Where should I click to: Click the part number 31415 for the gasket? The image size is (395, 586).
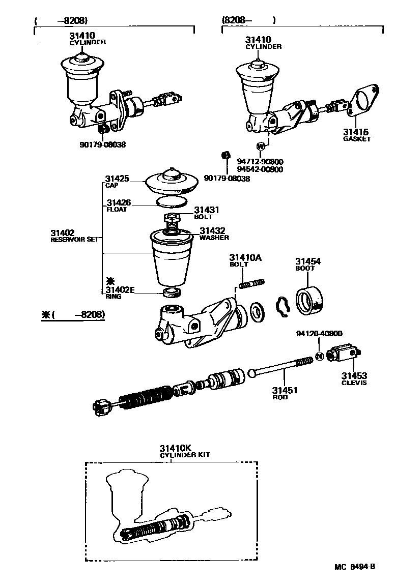tap(356, 132)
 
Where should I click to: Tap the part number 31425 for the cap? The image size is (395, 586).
tap(117, 179)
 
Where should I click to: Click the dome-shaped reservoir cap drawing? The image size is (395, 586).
tap(172, 181)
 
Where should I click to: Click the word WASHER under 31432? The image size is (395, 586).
tap(214, 238)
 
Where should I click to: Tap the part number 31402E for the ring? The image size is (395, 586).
tap(120, 290)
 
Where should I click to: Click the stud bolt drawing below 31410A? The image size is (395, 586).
tap(250, 283)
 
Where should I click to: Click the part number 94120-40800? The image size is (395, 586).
tap(319, 334)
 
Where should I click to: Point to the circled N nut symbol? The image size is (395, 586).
tap(319, 355)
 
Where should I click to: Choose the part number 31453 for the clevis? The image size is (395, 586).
tap(353, 376)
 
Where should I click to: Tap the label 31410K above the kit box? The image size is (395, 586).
tap(175, 448)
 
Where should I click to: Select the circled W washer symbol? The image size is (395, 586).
tap(261, 146)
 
